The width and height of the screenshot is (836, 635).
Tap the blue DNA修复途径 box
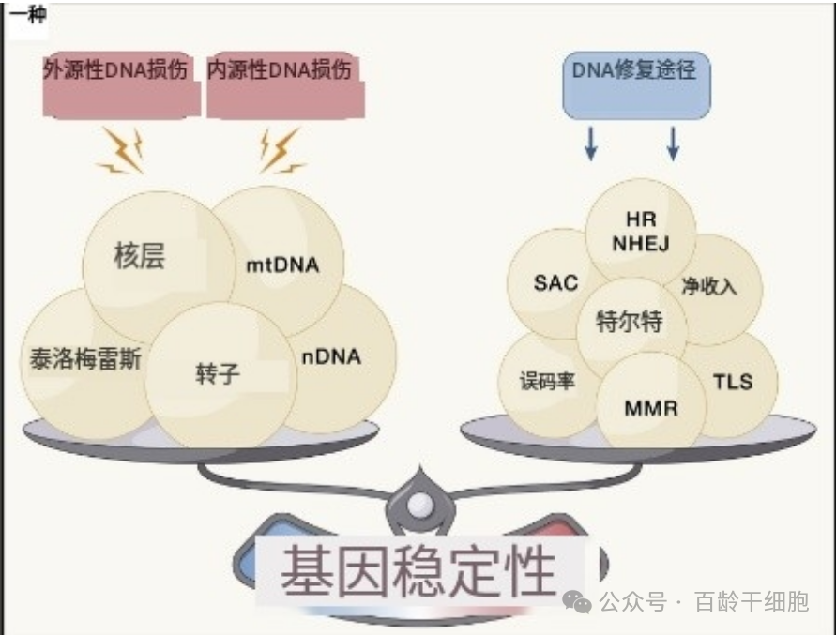click(x=635, y=82)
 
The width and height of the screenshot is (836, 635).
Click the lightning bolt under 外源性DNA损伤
click(x=124, y=150)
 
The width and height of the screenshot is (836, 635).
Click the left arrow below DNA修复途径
click(x=590, y=143)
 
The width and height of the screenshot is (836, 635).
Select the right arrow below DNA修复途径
click(x=673, y=143)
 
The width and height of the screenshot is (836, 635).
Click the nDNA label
click(x=331, y=356)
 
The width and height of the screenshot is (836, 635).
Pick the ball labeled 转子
click(x=218, y=375)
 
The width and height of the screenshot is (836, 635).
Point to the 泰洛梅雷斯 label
click(x=85, y=359)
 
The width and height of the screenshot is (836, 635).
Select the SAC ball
click(x=555, y=282)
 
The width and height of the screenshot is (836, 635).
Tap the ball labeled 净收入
click(x=709, y=285)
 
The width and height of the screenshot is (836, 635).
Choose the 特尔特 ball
click(x=630, y=323)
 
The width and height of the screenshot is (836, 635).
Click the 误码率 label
click(x=547, y=382)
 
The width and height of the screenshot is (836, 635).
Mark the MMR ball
click(x=650, y=408)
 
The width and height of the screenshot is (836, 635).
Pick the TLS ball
click(x=733, y=382)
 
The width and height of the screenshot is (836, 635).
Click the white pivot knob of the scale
click(x=419, y=506)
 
